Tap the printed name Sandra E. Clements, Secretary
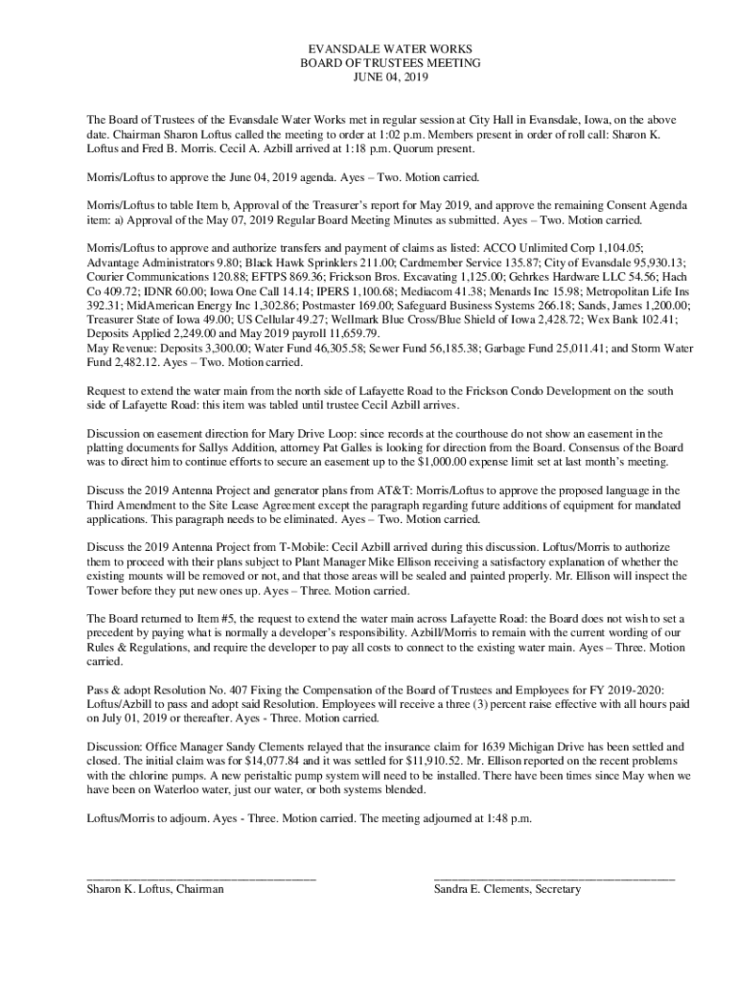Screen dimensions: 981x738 (507, 890)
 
